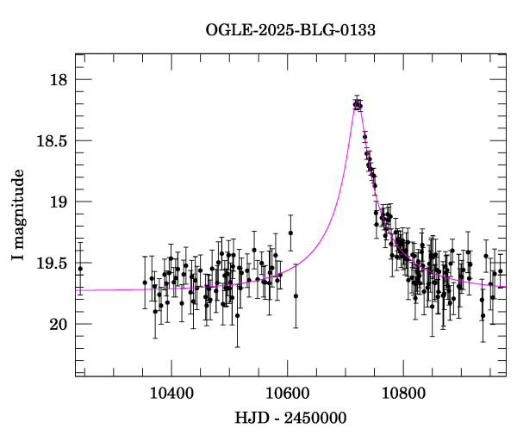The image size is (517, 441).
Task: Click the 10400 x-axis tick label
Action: [x=171, y=393]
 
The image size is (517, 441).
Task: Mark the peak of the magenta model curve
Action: [x=358, y=103]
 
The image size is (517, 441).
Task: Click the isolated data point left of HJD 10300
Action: [x=80, y=269]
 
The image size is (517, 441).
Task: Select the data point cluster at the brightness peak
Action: [x=358, y=104]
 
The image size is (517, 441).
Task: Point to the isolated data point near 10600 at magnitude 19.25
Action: [x=290, y=233]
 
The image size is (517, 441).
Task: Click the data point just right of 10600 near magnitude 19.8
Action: [x=296, y=296]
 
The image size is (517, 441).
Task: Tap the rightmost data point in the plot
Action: [x=500, y=271]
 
